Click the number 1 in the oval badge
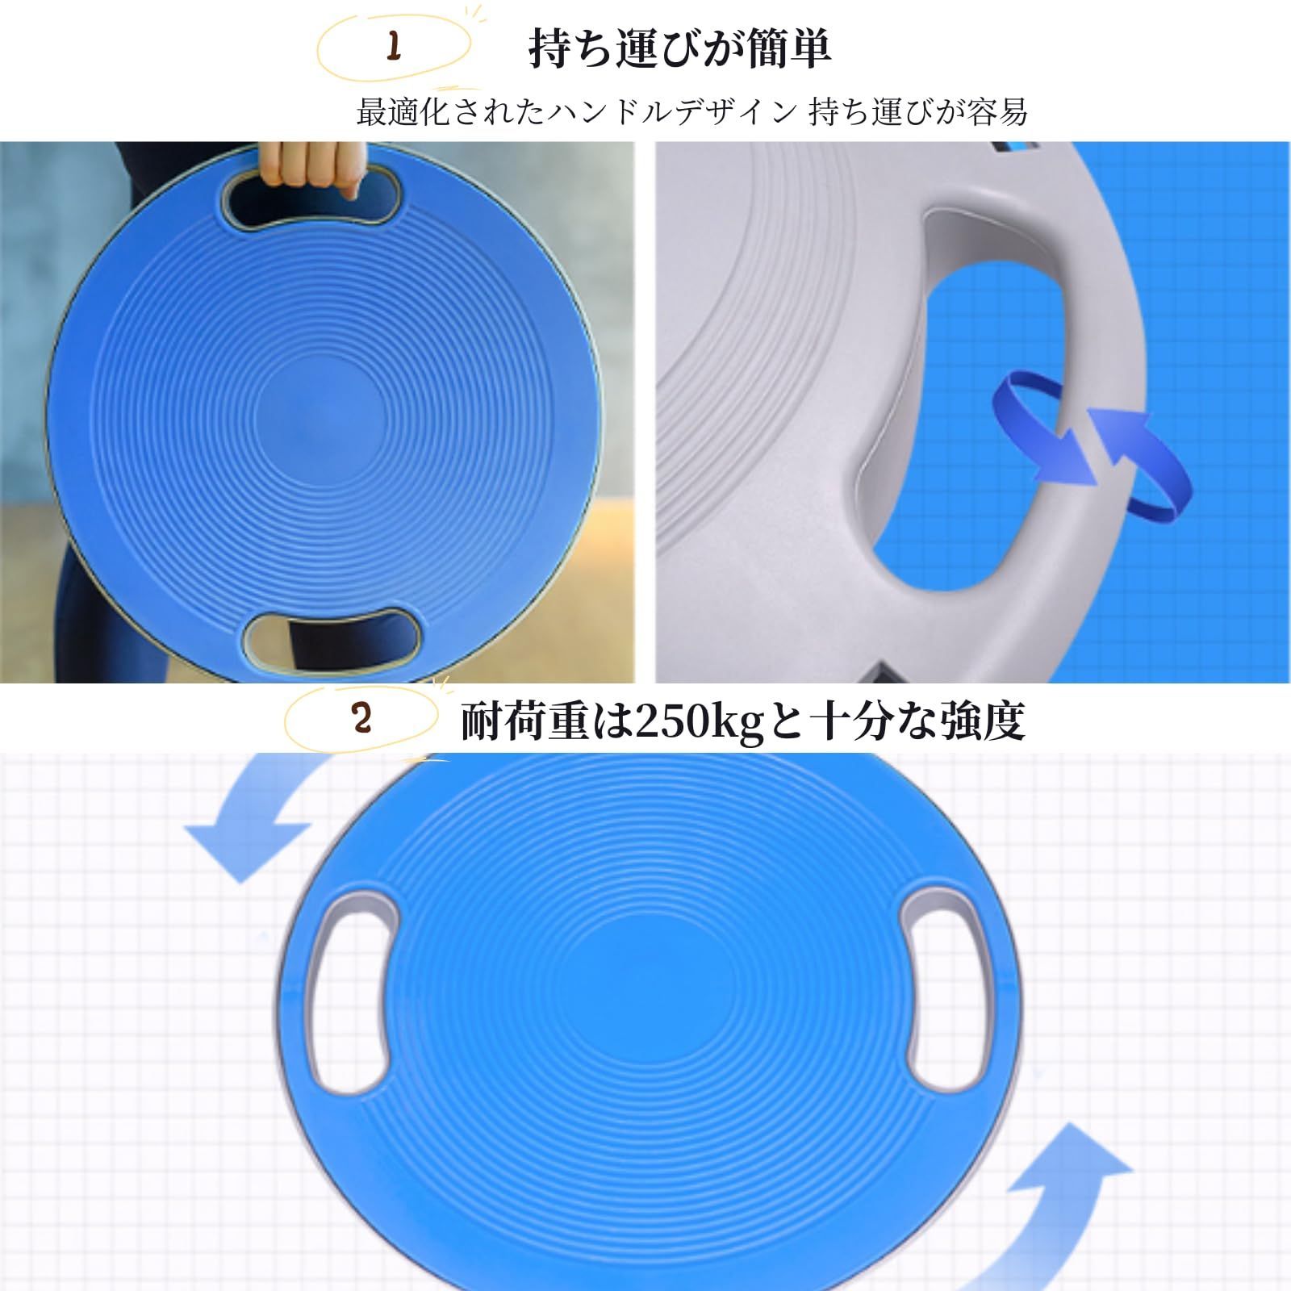(394, 47)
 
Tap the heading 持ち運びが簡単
(679, 48)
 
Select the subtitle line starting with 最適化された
(692, 112)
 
